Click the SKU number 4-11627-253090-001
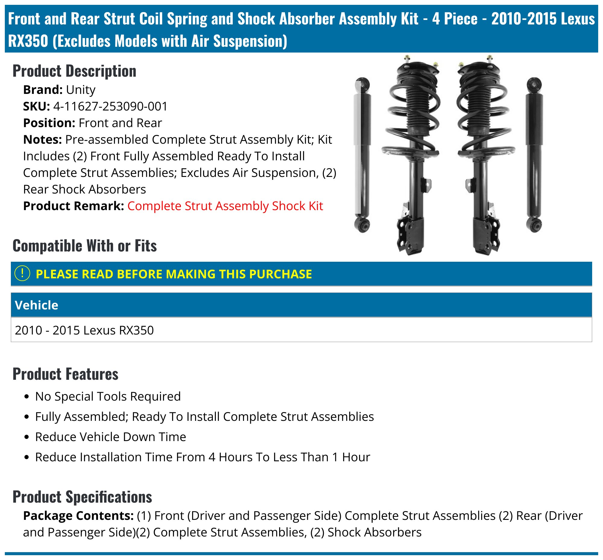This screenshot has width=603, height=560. [x=110, y=106]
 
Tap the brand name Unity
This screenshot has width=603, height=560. [x=81, y=90]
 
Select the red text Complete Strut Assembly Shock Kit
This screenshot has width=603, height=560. [x=225, y=206]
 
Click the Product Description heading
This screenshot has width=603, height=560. [x=74, y=71]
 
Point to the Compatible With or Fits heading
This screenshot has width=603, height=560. [x=84, y=246]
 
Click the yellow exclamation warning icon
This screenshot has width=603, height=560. [x=22, y=274]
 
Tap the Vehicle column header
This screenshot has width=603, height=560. [x=36, y=305]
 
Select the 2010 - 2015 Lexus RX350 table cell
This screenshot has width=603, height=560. [x=84, y=330]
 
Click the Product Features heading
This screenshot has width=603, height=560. [x=65, y=374]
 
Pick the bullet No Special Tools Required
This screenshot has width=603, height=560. [x=108, y=396]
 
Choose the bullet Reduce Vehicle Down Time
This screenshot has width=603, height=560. [x=110, y=437]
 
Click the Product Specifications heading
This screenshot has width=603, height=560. [x=82, y=497]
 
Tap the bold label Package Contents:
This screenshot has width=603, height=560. [x=78, y=516]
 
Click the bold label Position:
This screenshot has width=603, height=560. [x=49, y=123]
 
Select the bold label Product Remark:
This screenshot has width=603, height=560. [x=74, y=206]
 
